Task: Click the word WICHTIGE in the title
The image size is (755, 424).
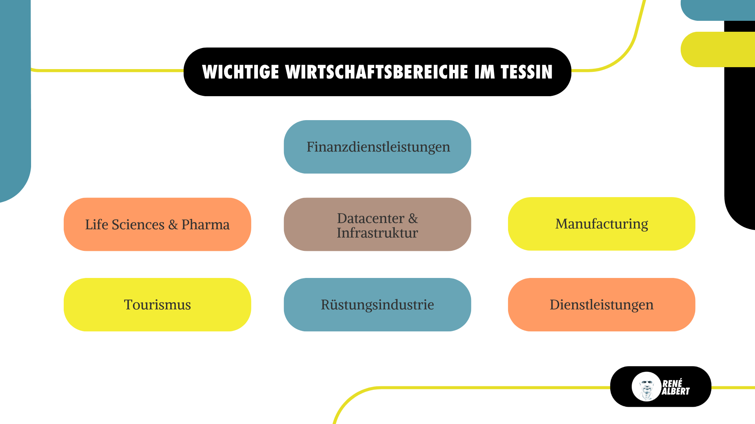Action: [x=241, y=72]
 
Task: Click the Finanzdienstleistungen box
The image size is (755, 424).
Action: [x=377, y=147]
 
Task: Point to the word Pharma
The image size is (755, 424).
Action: [x=205, y=225]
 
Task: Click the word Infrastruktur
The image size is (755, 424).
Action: [x=377, y=233]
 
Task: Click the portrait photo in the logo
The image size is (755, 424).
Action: [x=646, y=387]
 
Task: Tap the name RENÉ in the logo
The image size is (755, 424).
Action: [x=672, y=383]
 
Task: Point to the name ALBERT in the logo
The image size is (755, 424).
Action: [x=676, y=391]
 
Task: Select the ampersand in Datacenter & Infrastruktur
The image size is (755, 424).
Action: [x=413, y=218]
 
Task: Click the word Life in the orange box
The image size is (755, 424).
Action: [x=96, y=225]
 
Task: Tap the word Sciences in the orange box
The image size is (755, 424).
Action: [x=138, y=225]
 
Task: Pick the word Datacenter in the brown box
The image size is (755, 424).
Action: [x=370, y=218]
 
